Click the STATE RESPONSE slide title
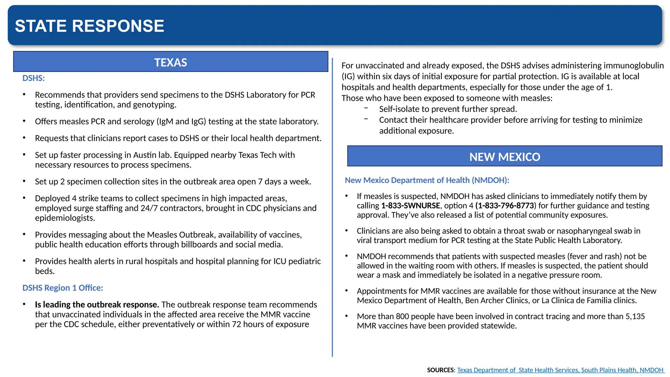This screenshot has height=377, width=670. [x=89, y=26]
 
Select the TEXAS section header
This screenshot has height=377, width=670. [x=170, y=62]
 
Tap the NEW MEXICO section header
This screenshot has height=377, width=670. [x=504, y=157]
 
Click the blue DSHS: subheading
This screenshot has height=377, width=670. [x=33, y=78]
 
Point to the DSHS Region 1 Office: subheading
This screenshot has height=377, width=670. [x=62, y=288]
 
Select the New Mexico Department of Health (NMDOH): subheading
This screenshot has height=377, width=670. [x=427, y=180]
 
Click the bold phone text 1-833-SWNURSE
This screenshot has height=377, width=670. [x=410, y=206]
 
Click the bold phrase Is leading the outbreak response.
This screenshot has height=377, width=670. [x=97, y=304]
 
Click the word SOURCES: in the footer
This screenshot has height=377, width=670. [x=441, y=370]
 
